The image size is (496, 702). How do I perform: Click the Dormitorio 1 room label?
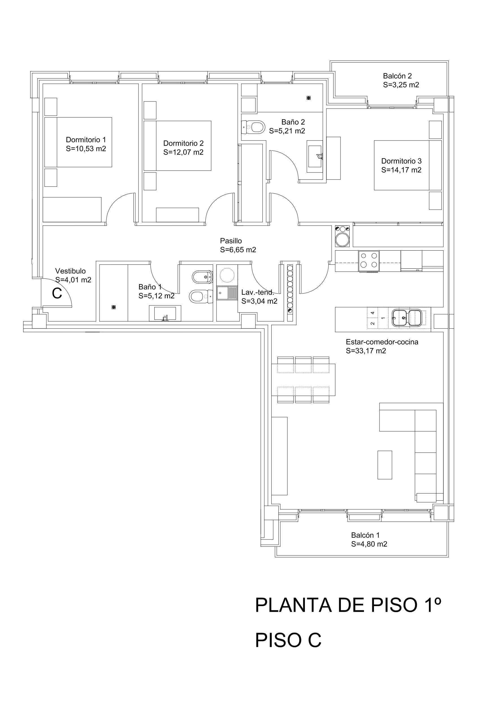(x=86, y=140)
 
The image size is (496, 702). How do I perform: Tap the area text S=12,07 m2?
(x=183, y=152)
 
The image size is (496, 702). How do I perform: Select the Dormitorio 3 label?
(x=401, y=161)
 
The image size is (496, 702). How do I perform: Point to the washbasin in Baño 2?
(x=315, y=156)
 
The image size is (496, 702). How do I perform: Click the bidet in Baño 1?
(x=202, y=277)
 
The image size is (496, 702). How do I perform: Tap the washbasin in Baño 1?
(x=165, y=313)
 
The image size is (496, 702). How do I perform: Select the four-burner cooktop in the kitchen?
(x=369, y=261)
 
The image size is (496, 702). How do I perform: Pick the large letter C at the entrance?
(x=57, y=294)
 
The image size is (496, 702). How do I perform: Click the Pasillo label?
(x=231, y=241)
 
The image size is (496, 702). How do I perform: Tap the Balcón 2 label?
(x=397, y=76)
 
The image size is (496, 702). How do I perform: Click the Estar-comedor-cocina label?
(x=382, y=342)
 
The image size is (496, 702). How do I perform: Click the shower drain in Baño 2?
(x=309, y=98)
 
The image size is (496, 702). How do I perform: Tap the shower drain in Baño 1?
(x=114, y=307)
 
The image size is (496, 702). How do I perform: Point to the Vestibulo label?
(x=70, y=271)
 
